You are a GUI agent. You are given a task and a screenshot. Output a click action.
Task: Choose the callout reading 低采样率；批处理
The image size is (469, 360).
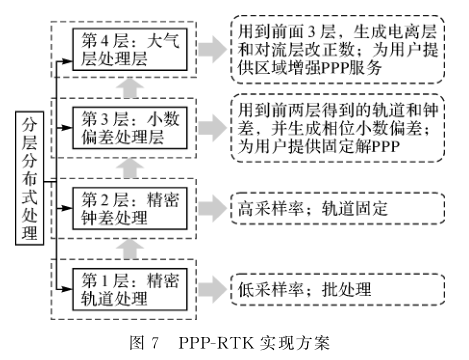(x=305, y=291)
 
